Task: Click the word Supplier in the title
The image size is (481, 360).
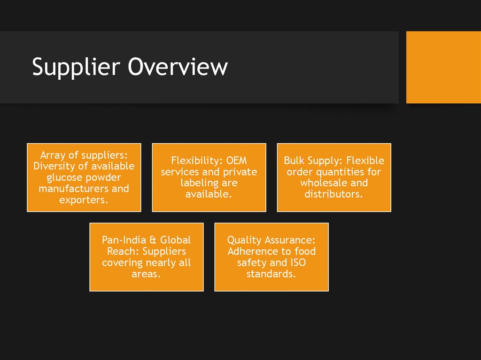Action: coord(76,67)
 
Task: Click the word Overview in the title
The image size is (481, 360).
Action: coord(178,67)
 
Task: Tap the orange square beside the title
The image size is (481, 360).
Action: coord(443,67)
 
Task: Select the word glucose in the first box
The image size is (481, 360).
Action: coord(65,177)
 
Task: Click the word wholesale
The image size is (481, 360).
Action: coord(322,183)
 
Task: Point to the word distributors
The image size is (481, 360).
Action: coord(334,194)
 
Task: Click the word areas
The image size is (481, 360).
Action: coord(146,274)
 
